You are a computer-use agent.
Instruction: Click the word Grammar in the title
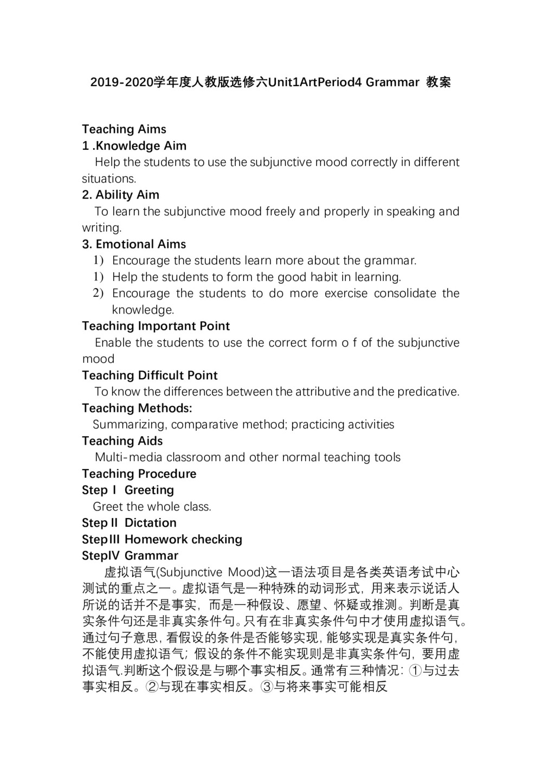(392, 82)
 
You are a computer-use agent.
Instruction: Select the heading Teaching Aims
(124, 129)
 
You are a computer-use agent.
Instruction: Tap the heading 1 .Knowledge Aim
(134, 146)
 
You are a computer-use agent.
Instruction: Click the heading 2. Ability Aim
(121, 195)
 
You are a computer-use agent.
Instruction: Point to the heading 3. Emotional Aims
(134, 244)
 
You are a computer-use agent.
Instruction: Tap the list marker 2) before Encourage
(98, 293)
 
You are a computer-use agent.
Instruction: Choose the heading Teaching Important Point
(156, 326)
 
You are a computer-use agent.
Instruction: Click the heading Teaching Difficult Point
(150, 375)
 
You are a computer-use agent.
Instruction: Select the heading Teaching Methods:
(137, 408)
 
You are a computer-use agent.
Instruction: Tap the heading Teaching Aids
(122, 441)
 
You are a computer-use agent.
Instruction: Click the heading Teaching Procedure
(139, 474)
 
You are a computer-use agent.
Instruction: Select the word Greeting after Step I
(149, 490)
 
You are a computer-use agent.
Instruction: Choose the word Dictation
(151, 523)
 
